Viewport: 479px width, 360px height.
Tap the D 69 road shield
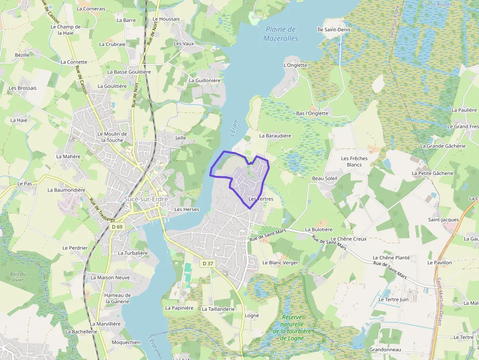[x=117, y=227]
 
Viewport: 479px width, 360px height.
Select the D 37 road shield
[x=208, y=263]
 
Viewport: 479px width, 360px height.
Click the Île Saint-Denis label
[x=334, y=30]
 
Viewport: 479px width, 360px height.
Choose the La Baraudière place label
[x=275, y=136]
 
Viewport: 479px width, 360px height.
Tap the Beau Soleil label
[x=325, y=178]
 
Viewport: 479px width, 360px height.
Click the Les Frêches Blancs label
[x=354, y=162]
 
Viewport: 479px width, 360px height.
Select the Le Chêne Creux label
[x=348, y=239]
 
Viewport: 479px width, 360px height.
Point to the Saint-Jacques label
[x=443, y=220]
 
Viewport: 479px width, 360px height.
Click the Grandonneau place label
[x=385, y=350]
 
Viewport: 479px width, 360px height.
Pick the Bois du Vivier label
[x=18, y=277]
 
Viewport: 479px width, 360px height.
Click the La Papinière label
[x=179, y=308]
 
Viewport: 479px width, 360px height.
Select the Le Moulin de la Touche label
[x=112, y=137]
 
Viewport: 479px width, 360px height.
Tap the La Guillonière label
[x=205, y=80]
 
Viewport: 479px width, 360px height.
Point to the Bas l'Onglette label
[x=312, y=113]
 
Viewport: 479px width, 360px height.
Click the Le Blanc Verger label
[x=280, y=262]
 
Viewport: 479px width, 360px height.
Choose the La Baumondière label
[x=66, y=190]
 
